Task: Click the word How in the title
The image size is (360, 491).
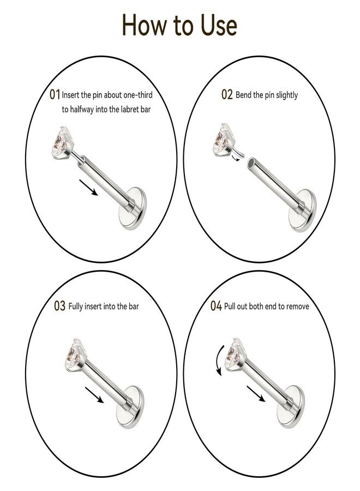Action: pyautogui.click(x=144, y=25)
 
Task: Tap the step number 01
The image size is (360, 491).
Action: pyautogui.click(x=55, y=94)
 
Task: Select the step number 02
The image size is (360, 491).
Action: pyautogui.click(x=227, y=94)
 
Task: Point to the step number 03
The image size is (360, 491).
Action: pyautogui.click(x=59, y=306)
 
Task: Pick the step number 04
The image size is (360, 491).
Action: pyautogui.click(x=216, y=306)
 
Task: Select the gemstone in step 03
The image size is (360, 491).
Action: pyautogui.click(x=74, y=355)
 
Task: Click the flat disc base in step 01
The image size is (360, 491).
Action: pyautogui.click(x=133, y=208)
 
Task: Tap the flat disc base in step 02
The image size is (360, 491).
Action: pyautogui.click(x=302, y=210)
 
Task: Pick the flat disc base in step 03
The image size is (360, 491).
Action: pyautogui.click(x=130, y=406)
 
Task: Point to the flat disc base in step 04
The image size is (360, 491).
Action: pyautogui.click(x=291, y=406)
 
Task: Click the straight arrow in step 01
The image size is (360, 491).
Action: pyautogui.click(x=88, y=188)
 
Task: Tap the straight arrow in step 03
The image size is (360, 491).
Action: pyautogui.click(x=94, y=395)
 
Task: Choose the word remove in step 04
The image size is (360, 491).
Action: pyautogui.click(x=297, y=306)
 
